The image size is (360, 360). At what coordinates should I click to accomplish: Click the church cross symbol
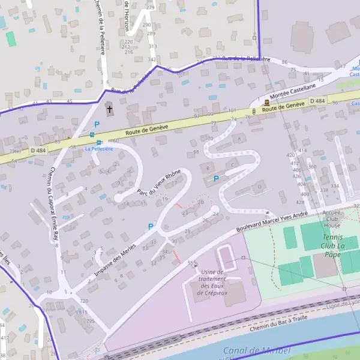109,109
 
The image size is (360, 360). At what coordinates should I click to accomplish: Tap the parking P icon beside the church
96,124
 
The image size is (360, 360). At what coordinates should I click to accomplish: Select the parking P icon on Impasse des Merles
151,226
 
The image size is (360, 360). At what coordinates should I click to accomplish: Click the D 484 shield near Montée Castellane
319,101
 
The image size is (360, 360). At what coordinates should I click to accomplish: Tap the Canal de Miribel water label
256,350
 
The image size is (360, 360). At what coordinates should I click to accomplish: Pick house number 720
83,301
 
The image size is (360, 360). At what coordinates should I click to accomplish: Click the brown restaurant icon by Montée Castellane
266,103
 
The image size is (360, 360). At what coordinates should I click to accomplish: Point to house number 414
303,151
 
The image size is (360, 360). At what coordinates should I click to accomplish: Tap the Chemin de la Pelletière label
100,27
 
